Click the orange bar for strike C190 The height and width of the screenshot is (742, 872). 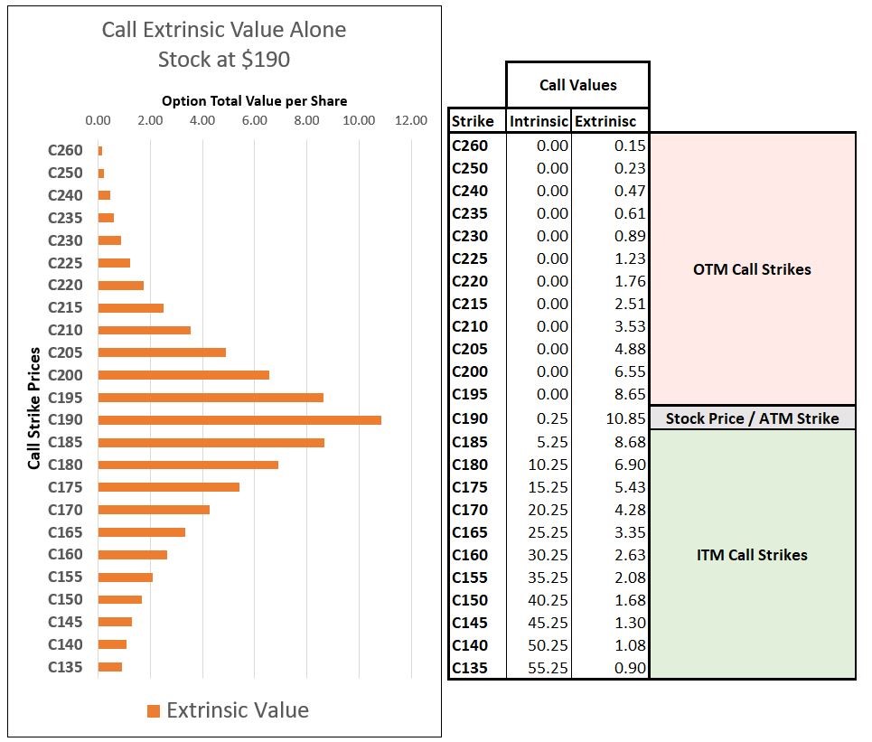[239, 420]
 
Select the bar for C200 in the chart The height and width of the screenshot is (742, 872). [183, 375]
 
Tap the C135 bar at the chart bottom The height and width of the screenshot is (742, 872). [109, 667]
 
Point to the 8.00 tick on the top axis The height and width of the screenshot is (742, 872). [307, 120]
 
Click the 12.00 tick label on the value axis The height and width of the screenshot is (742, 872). [411, 120]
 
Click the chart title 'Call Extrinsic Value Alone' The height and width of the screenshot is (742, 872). [223, 30]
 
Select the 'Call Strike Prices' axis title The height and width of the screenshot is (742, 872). [34, 408]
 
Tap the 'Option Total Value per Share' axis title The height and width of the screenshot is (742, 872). [254, 101]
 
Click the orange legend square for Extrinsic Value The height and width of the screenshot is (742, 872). [154, 711]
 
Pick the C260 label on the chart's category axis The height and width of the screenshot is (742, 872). [65, 151]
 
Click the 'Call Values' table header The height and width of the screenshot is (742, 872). [577, 85]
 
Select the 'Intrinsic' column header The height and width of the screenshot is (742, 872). [539, 121]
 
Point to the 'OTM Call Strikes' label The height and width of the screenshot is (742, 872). [752, 269]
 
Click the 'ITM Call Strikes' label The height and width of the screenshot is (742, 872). [752, 555]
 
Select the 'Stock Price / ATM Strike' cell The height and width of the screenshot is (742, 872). [752, 418]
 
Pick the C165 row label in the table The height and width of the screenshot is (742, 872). [470, 532]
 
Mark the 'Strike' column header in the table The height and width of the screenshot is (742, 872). [473, 121]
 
